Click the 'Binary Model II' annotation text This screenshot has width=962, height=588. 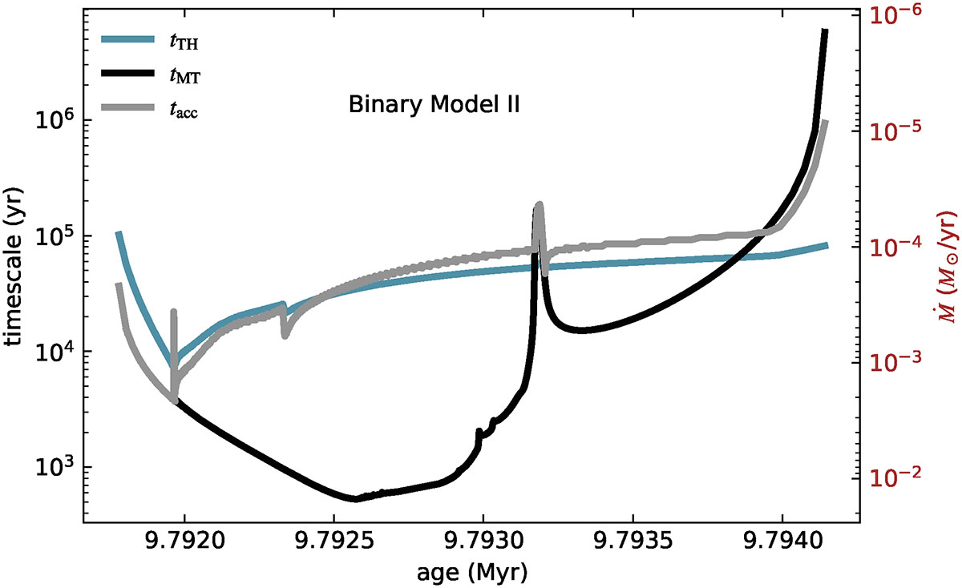tap(435, 106)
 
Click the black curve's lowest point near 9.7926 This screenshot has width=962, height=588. tap(355, 499)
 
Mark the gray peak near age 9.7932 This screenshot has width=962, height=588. tap(539, 205)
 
